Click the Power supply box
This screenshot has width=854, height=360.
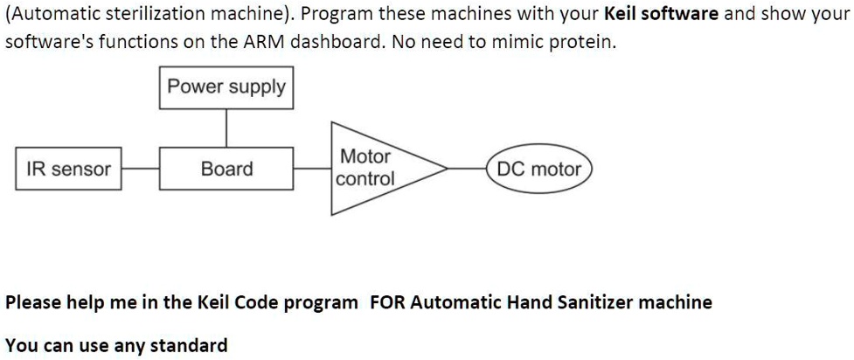point(226,87)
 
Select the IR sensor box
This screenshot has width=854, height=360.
point(69,169)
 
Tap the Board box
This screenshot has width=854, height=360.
point(226,169)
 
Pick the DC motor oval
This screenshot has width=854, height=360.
point(538,169)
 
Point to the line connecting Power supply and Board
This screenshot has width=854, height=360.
point(226,128)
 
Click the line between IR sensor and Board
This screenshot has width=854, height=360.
point(141,169)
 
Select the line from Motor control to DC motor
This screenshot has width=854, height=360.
point(468,169)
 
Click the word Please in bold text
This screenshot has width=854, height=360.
point(33,302)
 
